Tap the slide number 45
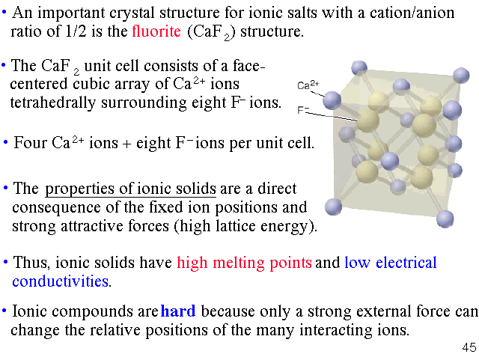click(469, 347)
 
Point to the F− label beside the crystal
click(303, 110)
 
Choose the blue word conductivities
click(61, 281)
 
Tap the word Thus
click(30, 263)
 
